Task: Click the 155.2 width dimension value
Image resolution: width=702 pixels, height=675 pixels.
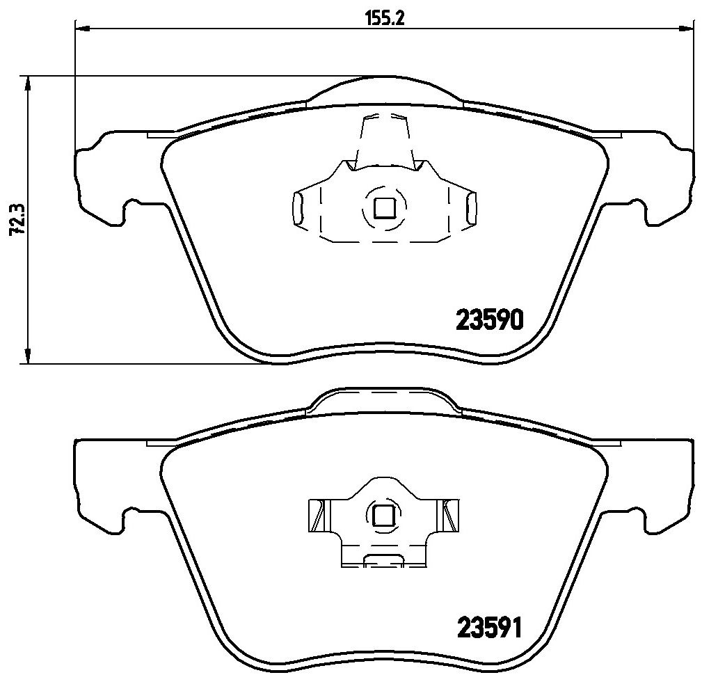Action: (x=385, y=19)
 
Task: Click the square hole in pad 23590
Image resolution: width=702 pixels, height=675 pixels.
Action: (x=384, y=208)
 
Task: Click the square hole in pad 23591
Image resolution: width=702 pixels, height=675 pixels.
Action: (x=383, y=515)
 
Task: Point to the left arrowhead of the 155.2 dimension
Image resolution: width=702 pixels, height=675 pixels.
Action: (x=82, y=29)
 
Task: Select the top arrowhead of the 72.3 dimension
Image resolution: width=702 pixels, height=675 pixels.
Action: (x=29, y=84)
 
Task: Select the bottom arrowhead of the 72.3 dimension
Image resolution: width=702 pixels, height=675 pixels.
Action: (x=29, y=356)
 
